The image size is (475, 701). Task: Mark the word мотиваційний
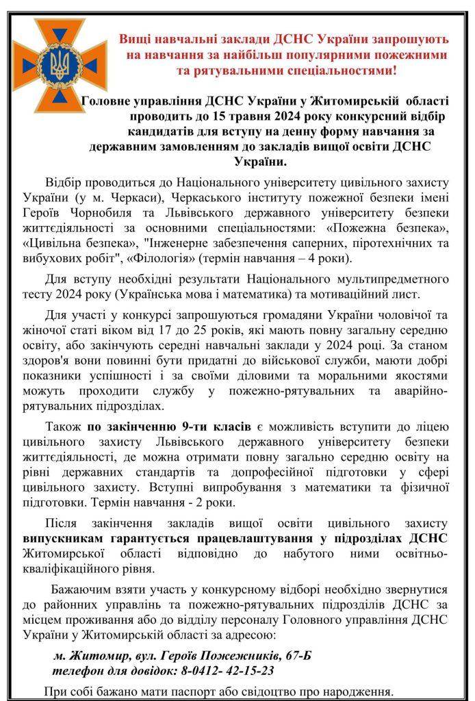(x=376, y=295)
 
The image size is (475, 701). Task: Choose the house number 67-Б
(x=296, y=656)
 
